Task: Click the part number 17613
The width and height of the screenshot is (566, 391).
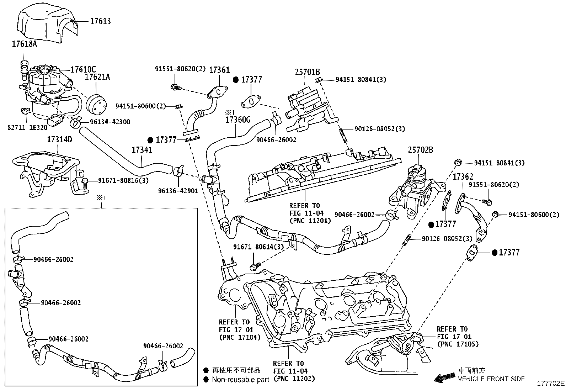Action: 100,21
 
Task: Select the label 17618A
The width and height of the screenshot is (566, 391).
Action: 24,44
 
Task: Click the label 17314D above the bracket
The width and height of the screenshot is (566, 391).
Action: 59,139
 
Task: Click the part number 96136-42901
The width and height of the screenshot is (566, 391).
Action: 178,191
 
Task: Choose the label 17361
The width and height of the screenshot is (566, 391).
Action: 219,70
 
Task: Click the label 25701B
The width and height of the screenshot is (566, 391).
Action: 307,72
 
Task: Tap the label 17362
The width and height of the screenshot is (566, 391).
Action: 463,176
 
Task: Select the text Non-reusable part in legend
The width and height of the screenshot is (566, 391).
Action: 241,380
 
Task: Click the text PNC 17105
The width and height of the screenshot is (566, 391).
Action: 458,344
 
